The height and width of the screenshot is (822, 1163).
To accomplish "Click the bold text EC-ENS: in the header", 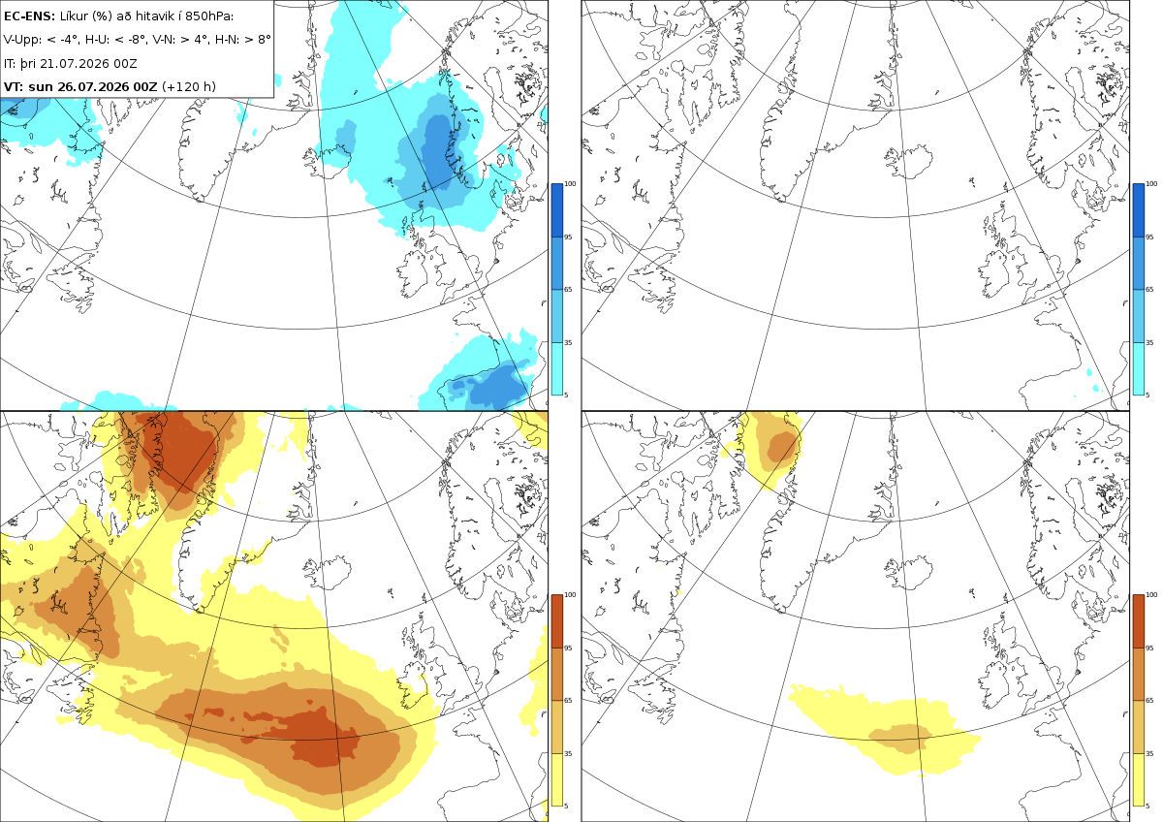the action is pyautogui.click(x=29, y=16).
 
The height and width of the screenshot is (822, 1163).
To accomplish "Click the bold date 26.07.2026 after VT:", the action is pyautogui.click(x=92, y=86).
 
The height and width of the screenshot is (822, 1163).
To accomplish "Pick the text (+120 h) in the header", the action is pyautogui.click(x=188, y=86).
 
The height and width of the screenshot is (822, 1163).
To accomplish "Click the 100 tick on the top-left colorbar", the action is pyautogui.click(x=570, y=184).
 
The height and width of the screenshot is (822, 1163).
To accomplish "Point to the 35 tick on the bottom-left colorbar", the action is pyautogui.click(x=568, y=753).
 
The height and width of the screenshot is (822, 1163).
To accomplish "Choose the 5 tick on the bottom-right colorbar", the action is pyautogui.click(x=1147, y=806).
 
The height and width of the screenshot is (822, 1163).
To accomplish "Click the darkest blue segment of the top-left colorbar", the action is pyautogui.click(x=556, y=210).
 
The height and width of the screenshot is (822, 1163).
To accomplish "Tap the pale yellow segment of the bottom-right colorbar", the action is pyautogui.click(x=1138, y=779).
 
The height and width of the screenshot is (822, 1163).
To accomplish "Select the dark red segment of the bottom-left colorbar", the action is pyautogui.click(x=556, y=621).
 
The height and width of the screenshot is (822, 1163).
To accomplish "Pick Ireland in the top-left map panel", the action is pyautogui.click(x=417, y=273).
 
